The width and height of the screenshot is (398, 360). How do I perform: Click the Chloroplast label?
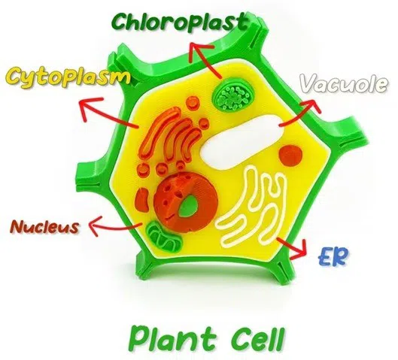coord(180,22)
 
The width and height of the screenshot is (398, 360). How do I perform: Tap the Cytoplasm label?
coord(67,77)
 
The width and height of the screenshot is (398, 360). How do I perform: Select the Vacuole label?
coord(344,84)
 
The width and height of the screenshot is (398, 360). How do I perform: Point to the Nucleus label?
coord(44,226)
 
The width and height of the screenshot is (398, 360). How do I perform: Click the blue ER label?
coord(333,257)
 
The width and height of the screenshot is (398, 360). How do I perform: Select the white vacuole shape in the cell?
coord(243,141)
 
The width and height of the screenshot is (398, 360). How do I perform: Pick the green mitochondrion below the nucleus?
coord(164,237)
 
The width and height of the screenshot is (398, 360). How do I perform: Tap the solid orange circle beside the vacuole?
coord(291,155)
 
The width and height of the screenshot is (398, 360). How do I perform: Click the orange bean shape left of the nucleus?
coord(143,200)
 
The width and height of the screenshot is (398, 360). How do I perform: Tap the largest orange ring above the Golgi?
coord(193,103)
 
